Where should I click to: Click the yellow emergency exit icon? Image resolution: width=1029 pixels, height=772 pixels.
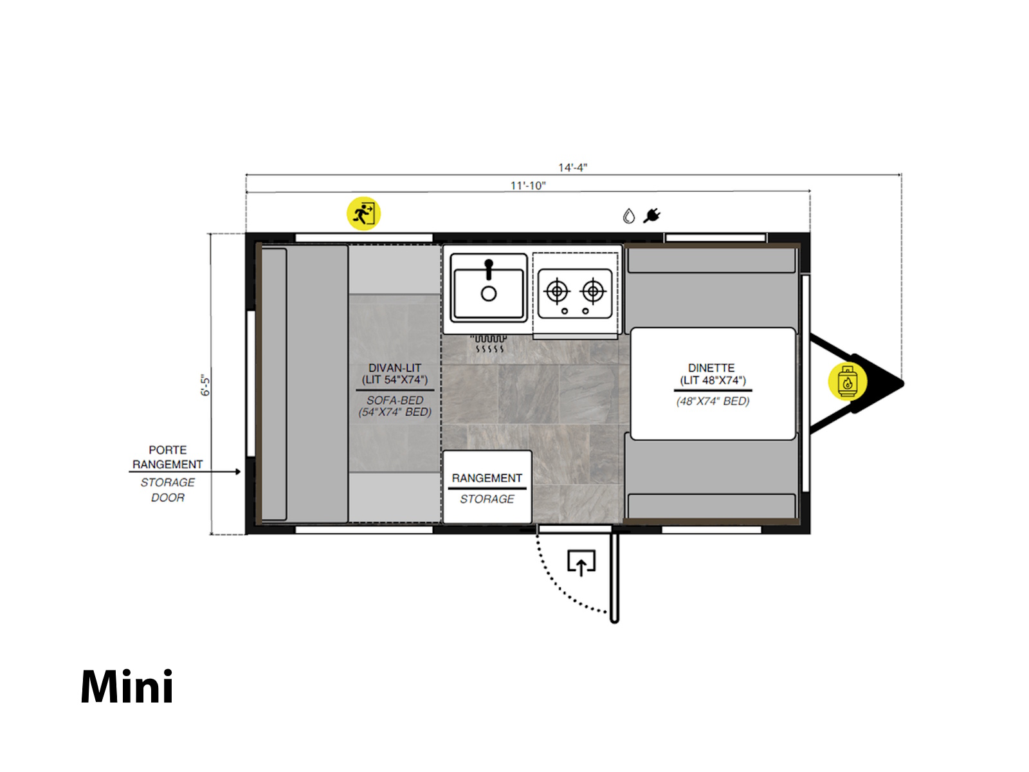363,214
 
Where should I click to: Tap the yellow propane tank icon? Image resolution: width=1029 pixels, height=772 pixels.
847,381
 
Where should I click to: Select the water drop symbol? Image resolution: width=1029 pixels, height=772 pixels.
628,216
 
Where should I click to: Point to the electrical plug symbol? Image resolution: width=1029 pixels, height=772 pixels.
651,216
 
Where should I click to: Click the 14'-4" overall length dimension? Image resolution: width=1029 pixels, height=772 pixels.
572,167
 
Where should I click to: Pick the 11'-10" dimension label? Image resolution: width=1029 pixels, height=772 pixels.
528,186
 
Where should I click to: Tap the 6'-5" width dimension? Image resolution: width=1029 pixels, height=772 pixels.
205,385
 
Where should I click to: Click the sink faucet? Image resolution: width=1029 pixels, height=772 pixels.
489,269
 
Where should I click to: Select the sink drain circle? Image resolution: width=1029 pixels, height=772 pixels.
489,294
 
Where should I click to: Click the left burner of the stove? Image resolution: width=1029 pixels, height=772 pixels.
556,291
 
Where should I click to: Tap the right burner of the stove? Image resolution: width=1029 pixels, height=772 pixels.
593,291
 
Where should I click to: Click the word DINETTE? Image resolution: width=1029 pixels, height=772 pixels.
711,368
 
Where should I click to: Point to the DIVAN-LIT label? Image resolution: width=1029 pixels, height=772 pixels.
395,368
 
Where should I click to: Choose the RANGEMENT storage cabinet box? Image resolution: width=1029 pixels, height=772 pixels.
487,486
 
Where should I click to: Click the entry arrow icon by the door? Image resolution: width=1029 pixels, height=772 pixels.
581,562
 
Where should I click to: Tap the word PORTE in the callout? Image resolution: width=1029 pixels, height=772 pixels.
167,450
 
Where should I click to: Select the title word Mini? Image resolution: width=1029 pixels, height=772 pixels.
127,686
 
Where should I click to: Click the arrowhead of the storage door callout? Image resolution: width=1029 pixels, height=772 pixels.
238,472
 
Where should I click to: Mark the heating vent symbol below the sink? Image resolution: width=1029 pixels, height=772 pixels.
489,343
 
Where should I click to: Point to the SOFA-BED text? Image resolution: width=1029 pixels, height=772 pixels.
395,400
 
